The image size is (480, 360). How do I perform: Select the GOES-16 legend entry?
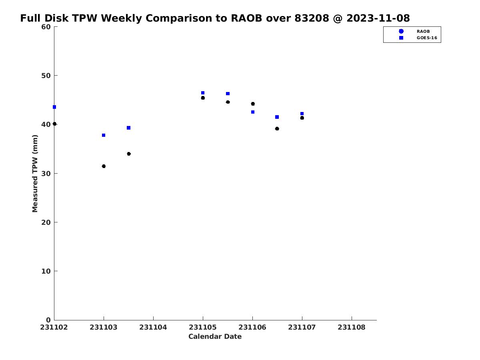click(418, 38)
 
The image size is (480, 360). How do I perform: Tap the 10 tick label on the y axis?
click(46, 271)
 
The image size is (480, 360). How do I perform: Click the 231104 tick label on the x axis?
click(153, 328)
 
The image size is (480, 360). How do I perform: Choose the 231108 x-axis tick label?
click(352, 328)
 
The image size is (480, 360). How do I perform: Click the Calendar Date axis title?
click(215, 337)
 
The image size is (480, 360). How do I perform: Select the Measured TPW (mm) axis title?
click(35, 174)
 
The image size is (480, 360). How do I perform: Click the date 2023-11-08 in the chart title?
click(378, 18)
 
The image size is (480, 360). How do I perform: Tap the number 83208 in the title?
click(312, 18)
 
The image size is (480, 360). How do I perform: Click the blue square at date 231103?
click(104, 135)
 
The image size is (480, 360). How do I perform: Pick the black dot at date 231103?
click(104, 166)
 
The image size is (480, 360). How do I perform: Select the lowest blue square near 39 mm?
click(128, 128)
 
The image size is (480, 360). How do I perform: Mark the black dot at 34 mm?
click(129, 154)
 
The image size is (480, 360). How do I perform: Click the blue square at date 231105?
click(203, 93)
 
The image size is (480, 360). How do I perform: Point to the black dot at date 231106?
click(253, 104)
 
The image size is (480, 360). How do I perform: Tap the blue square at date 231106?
click(253, 112)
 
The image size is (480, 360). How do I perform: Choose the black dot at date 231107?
click(302, 118)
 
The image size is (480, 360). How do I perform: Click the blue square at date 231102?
click(54, 107)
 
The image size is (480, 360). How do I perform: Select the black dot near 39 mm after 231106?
click(277, 129)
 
